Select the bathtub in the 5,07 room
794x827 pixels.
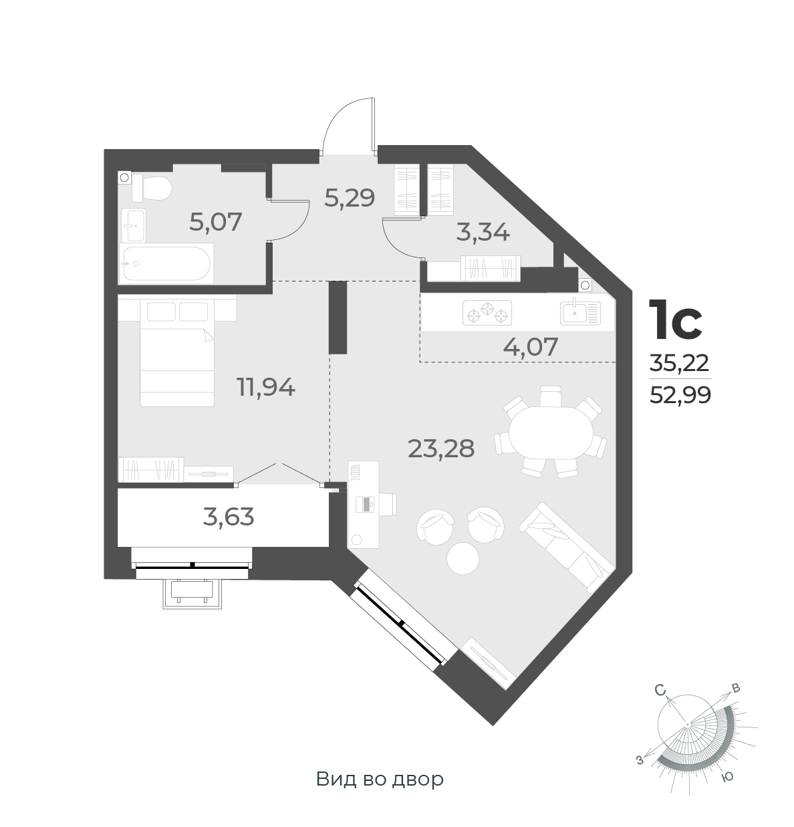[166, 263]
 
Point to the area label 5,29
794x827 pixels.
[349, 197]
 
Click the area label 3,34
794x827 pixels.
[483, 233]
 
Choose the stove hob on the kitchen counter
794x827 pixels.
[487, 313]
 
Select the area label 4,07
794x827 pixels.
[529, 346]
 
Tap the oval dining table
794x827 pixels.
[551, 433]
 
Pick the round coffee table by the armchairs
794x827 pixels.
[463, 557]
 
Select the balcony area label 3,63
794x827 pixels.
[229, 517]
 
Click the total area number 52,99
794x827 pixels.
[680, 396]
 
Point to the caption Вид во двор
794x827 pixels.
[380, 780]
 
